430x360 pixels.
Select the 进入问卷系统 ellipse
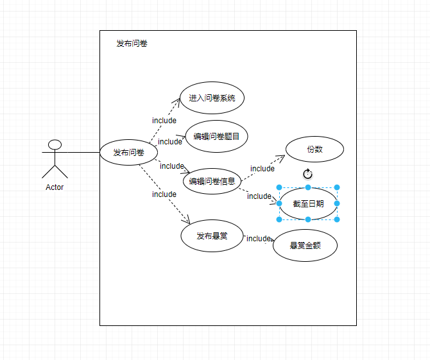click(212, 98)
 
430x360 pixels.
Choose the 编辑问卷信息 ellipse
click(212, 181)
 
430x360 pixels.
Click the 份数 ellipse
click(314, 150)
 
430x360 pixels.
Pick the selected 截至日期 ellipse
click(308, 203)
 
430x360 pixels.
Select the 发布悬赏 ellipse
click(212, 236)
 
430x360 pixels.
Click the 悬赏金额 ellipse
click(305, 245)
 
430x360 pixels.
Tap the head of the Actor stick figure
click(55, 144)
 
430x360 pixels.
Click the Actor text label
click(55, 187)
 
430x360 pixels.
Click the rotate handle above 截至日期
click(307, 174)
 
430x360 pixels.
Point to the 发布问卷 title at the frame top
click(132, 44)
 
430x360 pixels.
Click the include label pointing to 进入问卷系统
click(164, 121)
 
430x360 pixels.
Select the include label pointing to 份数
click(262, 169)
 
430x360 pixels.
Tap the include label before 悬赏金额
click(259, 239)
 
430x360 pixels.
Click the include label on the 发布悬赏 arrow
click(164, 194)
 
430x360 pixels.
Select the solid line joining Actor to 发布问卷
click(82, 153)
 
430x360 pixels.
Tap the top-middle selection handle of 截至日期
click(308, 187)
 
